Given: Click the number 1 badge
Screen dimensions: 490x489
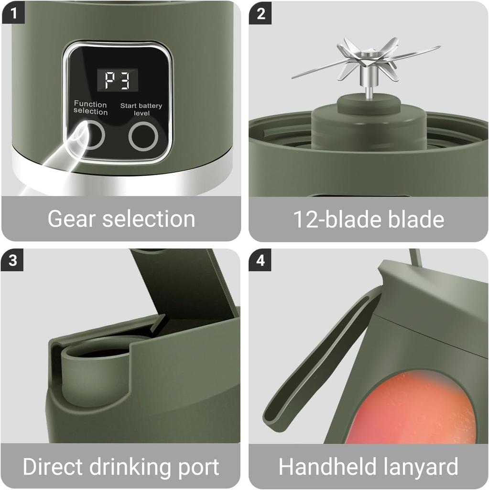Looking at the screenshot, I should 13,13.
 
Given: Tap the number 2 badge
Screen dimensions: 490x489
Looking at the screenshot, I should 261,13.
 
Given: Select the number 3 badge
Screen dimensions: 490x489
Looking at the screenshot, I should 13,260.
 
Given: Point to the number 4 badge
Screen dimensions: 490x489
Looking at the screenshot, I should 261,260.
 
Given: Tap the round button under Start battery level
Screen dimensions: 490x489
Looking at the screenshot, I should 143,136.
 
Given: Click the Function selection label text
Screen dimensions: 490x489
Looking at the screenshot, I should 90,108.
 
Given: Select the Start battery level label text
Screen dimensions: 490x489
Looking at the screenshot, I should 141,109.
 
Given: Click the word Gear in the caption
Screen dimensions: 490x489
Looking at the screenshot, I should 72,219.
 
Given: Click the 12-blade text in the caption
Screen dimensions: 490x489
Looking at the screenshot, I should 330,219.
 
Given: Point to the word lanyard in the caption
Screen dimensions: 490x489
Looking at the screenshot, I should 419,467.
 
